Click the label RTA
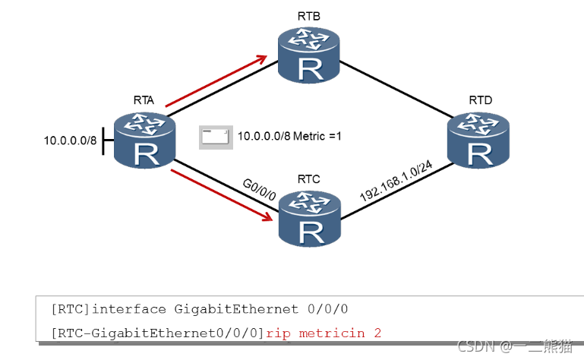tap(143, 99)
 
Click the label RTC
tap(308, 179)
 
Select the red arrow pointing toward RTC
tap(222, 195)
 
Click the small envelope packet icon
tap(214, 137)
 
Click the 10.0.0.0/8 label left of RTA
tap(70, 141)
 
